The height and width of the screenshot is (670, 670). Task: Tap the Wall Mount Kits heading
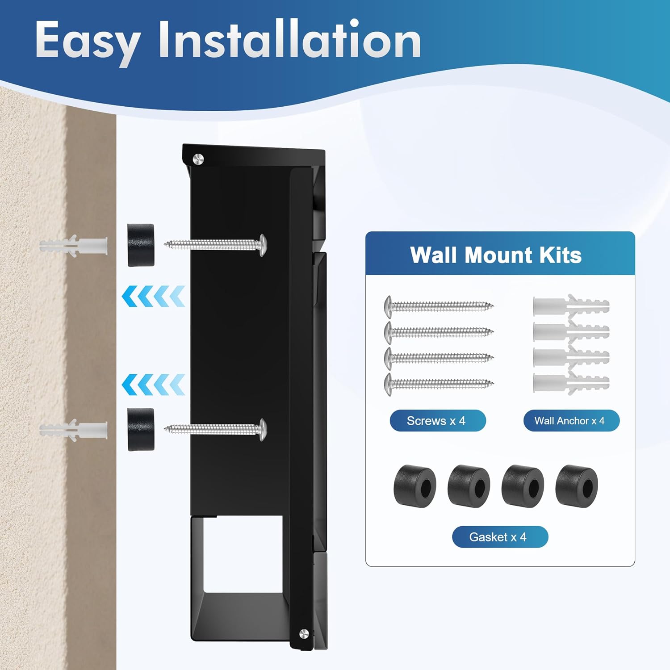pyautogui.click(x=496, y=255)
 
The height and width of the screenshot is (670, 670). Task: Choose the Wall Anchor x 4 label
pyautogui.click(x=571, y=421)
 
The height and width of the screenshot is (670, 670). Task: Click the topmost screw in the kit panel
pyautogui.click(x=439, y=306)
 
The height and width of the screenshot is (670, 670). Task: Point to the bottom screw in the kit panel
pyautogui.click(x=439, y=383)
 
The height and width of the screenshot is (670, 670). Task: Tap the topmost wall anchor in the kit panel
pyautogui.click(x=571, y=306)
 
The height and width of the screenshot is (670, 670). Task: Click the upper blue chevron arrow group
pyautogui.click(x=153, y=296)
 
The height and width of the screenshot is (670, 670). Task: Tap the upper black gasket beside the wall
pyautogui.click(x=141, y=245)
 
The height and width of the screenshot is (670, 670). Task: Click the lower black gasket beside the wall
pyautogui.click(x=141, y=430)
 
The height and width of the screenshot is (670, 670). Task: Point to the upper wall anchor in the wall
pyautogui.click(x=74, y=246)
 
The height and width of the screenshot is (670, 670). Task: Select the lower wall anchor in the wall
pyautogui.click(x=74, y=430)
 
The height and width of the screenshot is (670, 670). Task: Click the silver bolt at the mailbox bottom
pyautogui.click(x=304, y=633)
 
